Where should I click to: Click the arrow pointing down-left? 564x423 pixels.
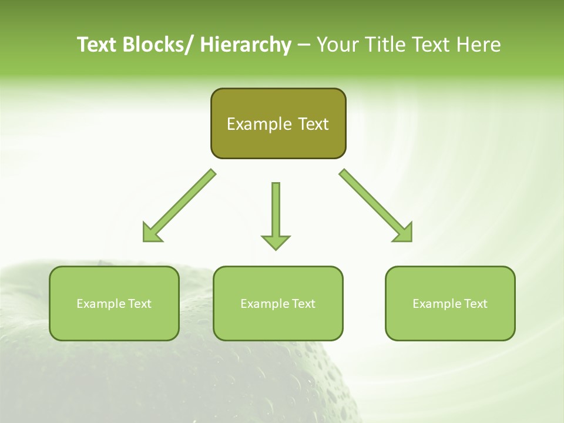pyautogui.click(x=179, y=206)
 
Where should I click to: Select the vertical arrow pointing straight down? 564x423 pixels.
pyautogui.click(x=276, y=214)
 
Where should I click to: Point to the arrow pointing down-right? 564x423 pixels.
pyautogui.click(x=376, y=206)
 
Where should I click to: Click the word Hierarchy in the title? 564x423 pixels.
pyautogui.click(x=246, y=45)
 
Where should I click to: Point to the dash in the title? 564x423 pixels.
pyautogui.click(x=304, y=45)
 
